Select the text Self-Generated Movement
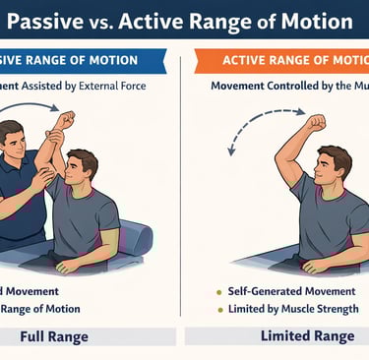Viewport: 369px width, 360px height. tap(285, 292)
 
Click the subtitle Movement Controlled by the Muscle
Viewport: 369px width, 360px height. tap(285, 87)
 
